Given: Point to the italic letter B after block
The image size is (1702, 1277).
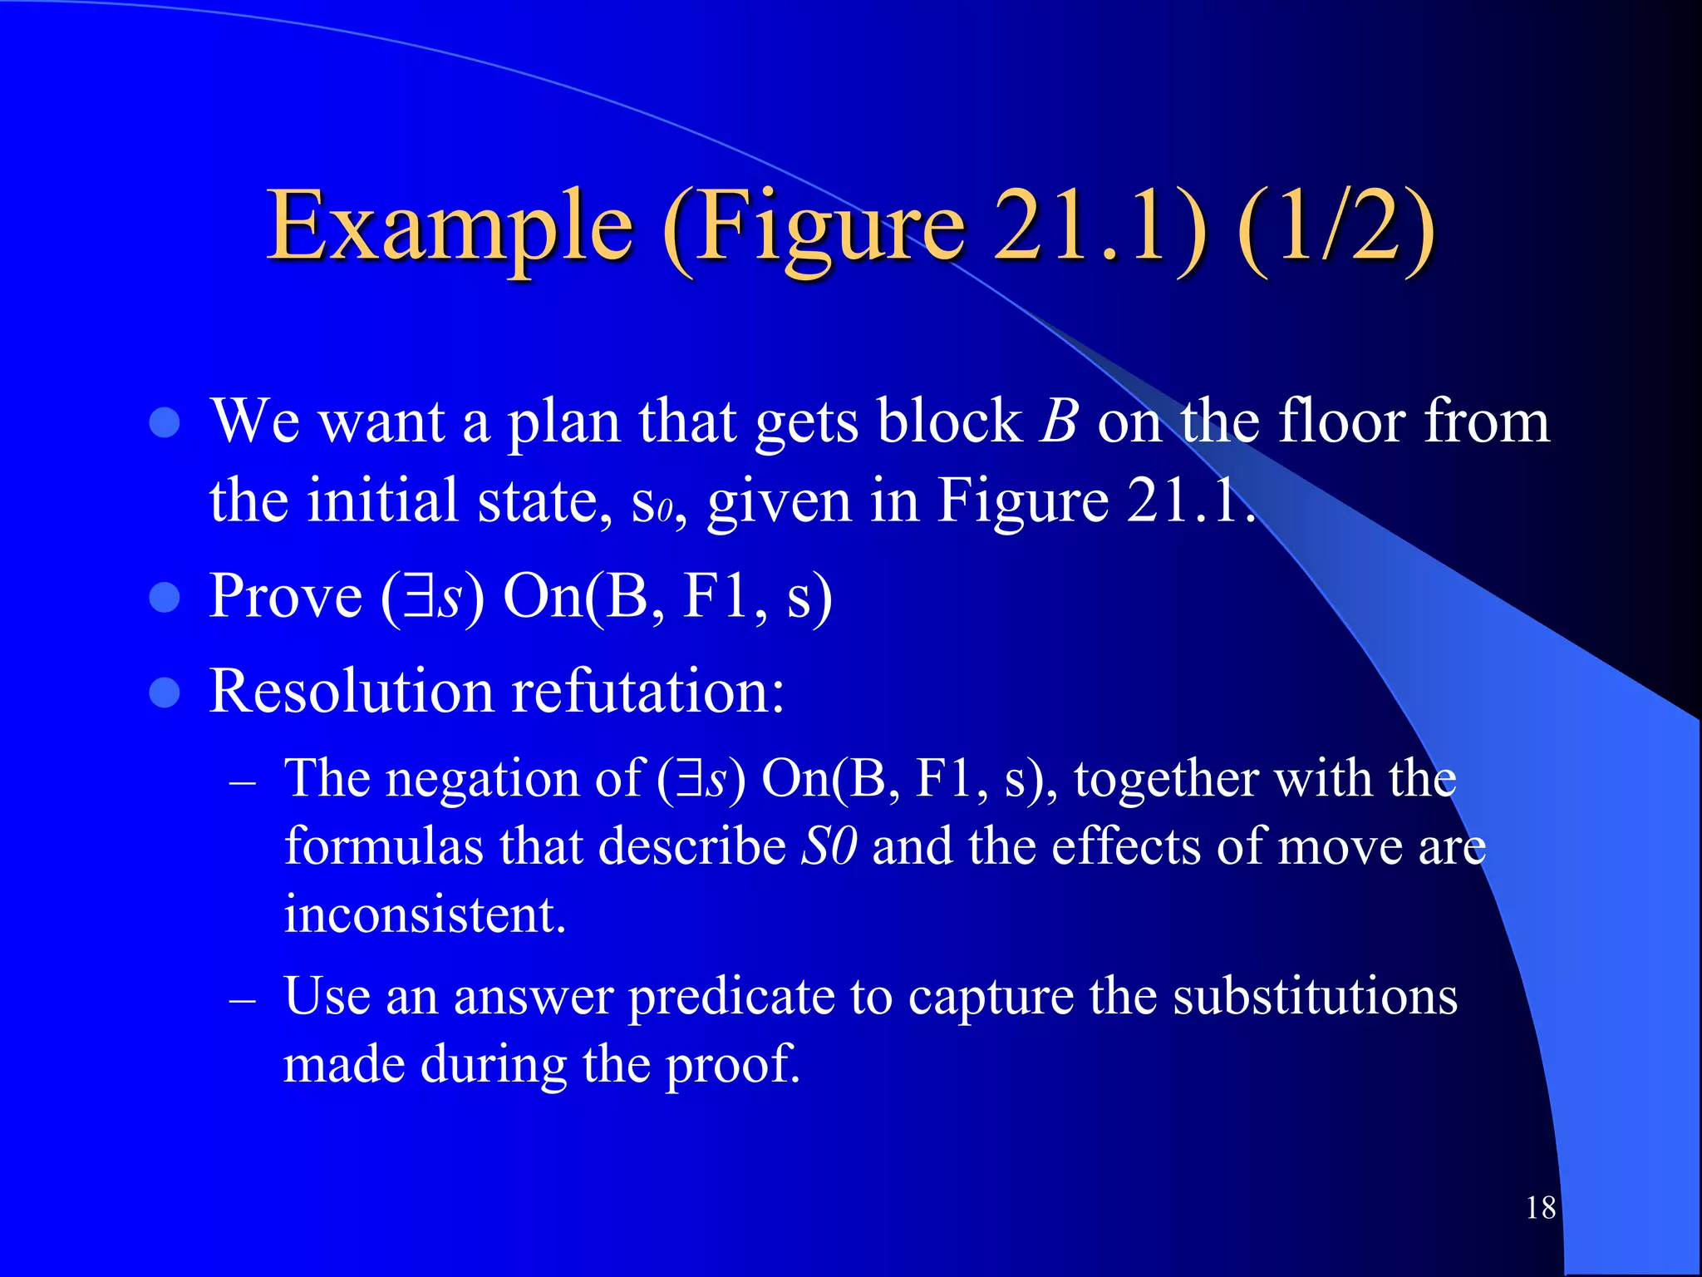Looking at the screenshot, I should [x=1060, y=421].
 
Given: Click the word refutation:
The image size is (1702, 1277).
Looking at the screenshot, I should [x=648, y=691].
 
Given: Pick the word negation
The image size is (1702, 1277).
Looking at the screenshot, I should [x=482, y=780].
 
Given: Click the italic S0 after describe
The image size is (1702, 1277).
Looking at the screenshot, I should [x=829, y=847].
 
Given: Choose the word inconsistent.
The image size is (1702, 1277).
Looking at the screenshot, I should [x=425, y=915].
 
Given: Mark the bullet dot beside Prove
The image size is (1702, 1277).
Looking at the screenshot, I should [x=165, y=597].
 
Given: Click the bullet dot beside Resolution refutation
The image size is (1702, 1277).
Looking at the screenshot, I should [x=165, y=692].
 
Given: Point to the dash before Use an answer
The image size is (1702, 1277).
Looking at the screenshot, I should [x=242, y=999].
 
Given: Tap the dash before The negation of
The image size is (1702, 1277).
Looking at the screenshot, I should [x=242, y=782].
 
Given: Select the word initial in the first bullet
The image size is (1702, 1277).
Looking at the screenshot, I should [x=382, y=501].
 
